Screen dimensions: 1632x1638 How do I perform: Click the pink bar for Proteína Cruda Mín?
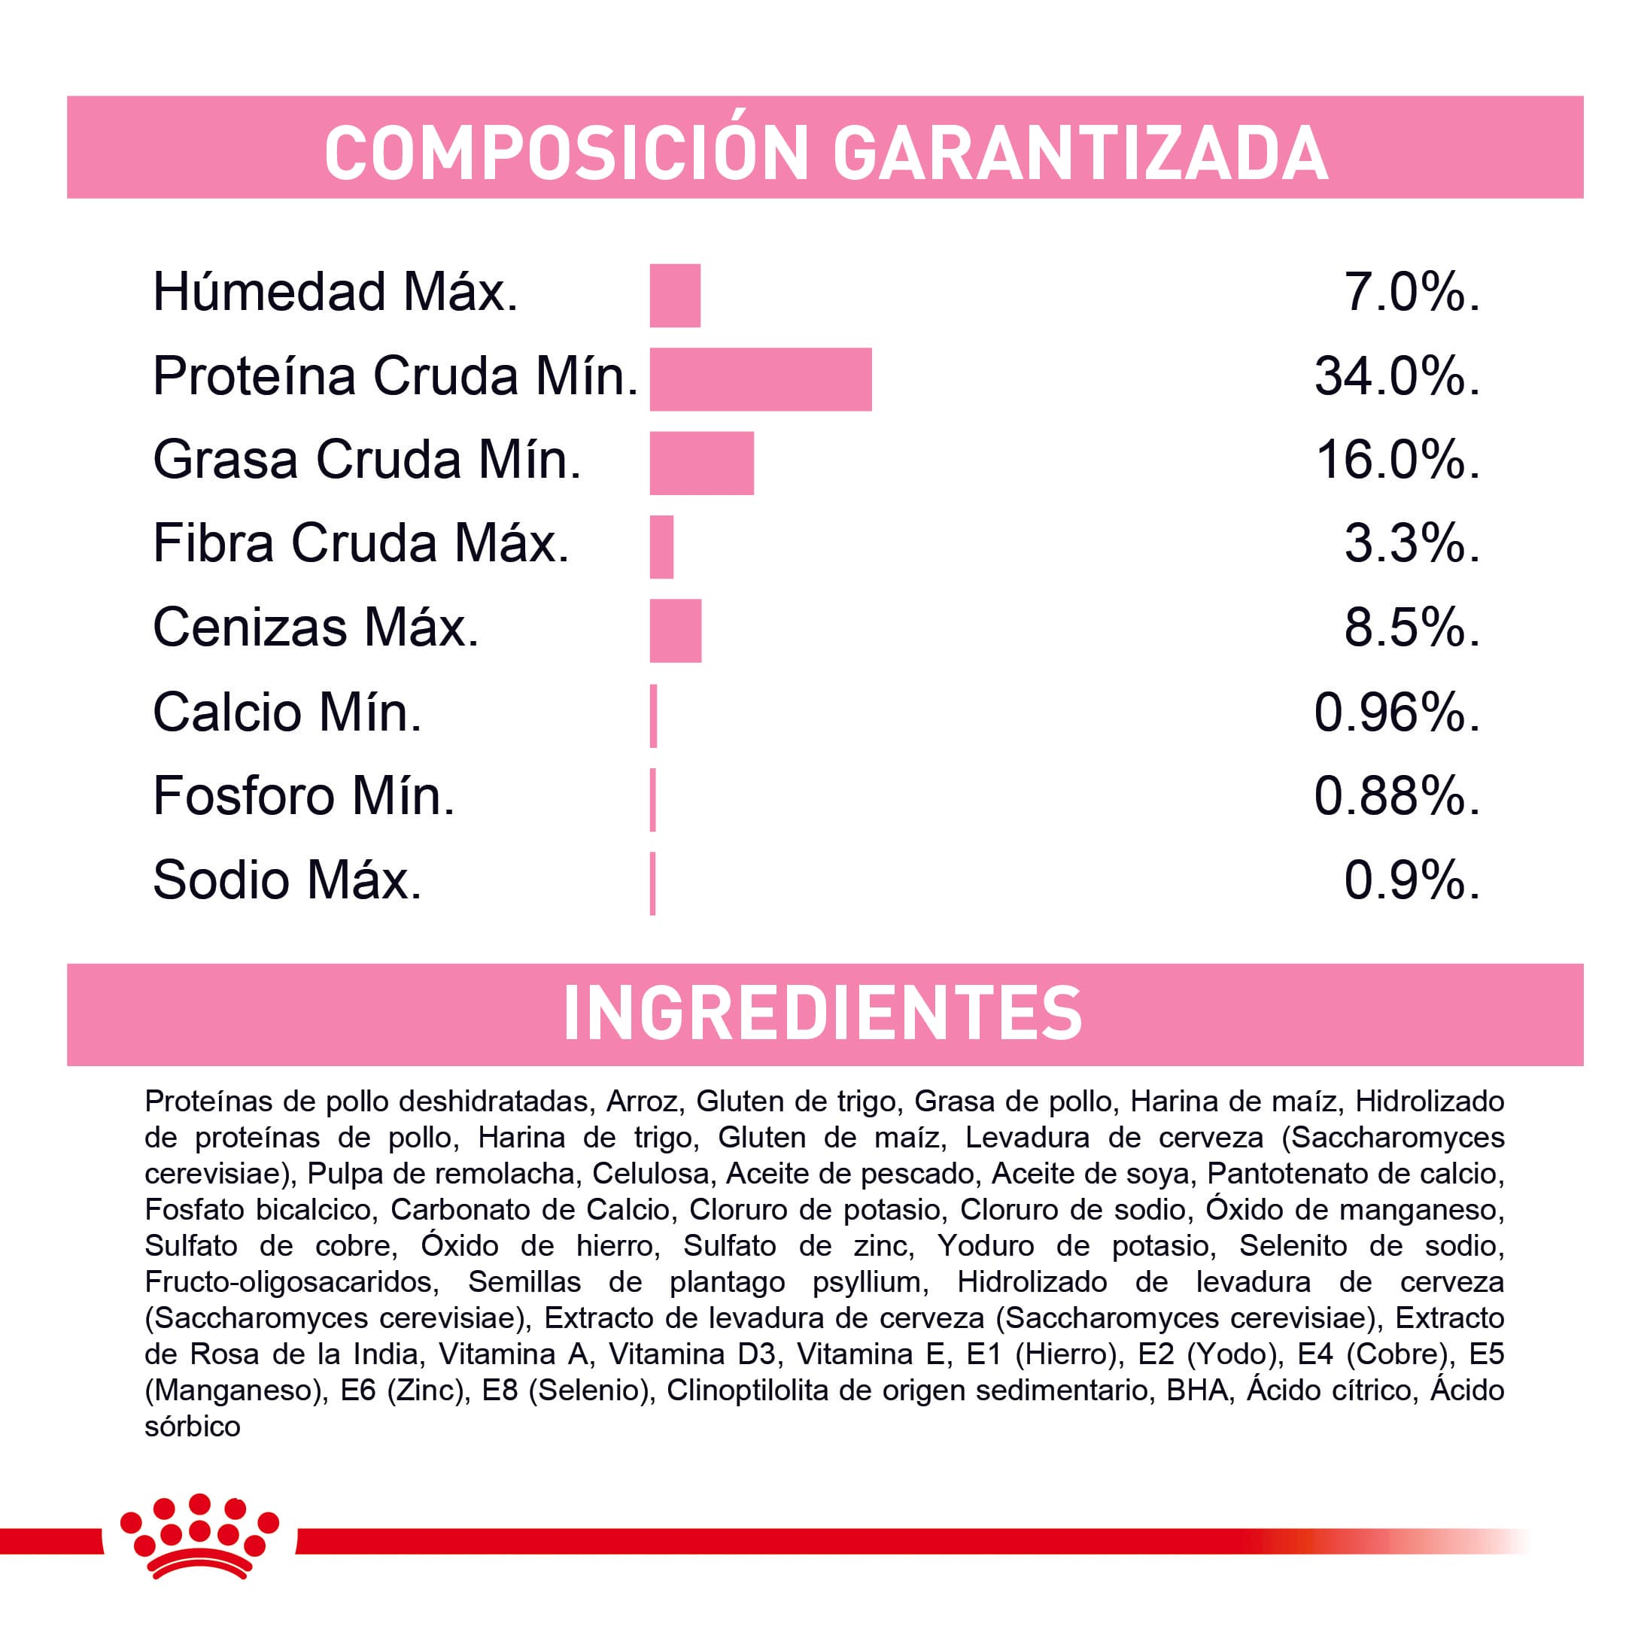[x=760, y=379]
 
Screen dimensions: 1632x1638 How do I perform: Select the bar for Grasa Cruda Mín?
[x=701, y=463]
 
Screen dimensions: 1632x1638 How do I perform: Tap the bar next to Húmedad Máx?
[x=675, y=295]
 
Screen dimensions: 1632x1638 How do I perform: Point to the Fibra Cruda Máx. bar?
[x=661, y=547]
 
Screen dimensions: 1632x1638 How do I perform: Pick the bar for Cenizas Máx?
[x=675, y=631]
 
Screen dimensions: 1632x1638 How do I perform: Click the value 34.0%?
[x=1396, y=376]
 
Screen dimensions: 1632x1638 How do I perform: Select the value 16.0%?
[x=1396, y=460]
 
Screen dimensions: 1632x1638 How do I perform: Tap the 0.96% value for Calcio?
[x=1396, y=712]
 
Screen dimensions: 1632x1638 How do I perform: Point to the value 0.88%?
[x=1396, y=796]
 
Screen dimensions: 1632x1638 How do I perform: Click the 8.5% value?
[x=1412, y=628]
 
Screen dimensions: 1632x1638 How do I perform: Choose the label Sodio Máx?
[x=287, y=880]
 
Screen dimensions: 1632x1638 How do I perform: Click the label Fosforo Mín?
[x=303, y=796]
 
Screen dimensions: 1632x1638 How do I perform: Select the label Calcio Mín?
[x=287, y=712]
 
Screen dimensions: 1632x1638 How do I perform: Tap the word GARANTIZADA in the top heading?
[x=1080, y=153]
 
